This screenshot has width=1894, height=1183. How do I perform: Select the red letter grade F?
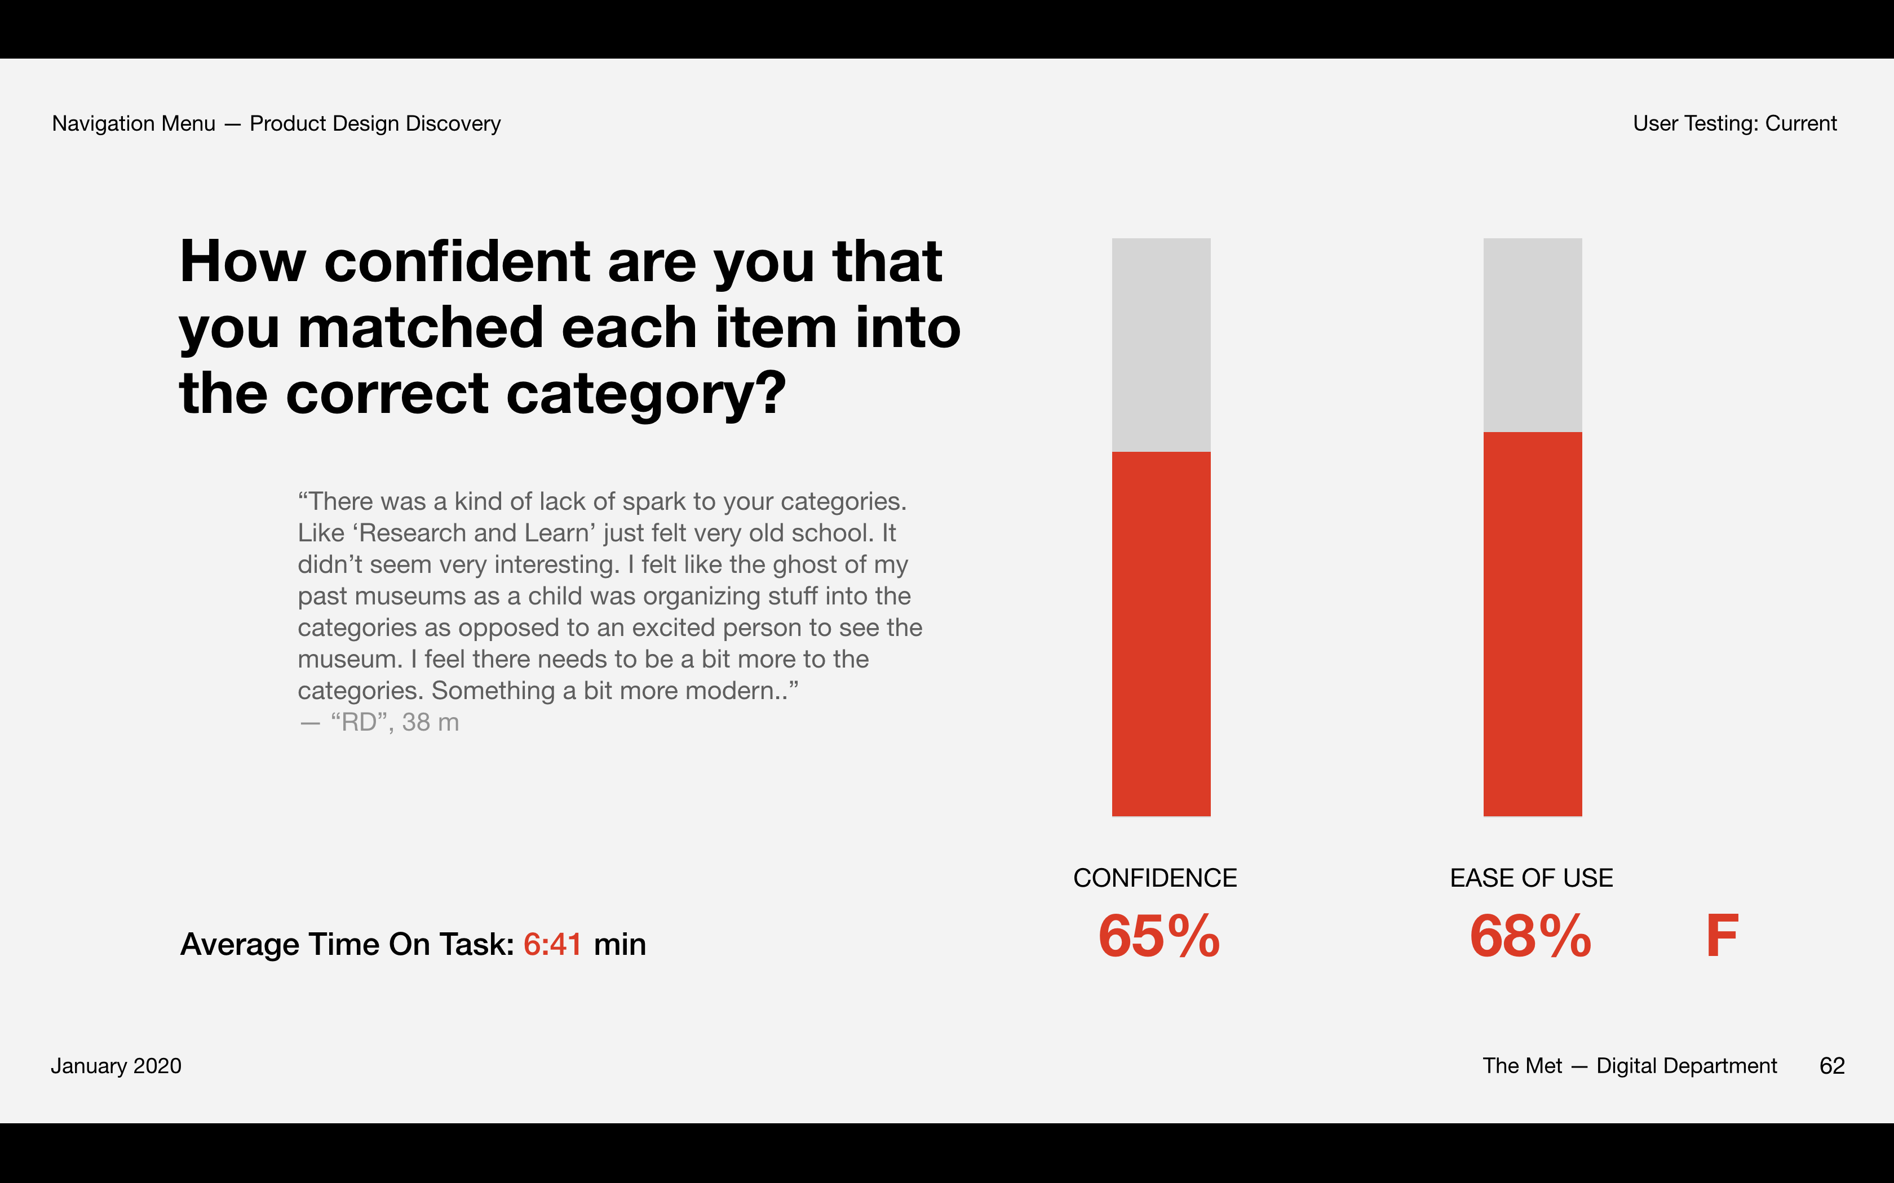(x=1722, y=936)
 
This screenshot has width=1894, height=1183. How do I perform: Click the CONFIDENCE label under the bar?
(x=1154, y=878)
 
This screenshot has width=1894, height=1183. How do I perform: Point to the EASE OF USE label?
(x=1531, y=878)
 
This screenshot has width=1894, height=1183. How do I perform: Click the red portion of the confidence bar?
(x=1161, y=634)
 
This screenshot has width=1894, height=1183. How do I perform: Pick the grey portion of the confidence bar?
(x=1161, y=344)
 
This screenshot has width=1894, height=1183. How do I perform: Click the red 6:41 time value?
(x=552, y=944)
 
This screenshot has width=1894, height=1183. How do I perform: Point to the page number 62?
(x=1831, y=1066)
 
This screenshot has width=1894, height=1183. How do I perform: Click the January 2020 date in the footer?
(x=116, y=1066)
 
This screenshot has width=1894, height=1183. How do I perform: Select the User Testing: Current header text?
(x=1734, y=123)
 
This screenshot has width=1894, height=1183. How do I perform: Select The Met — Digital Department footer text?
(x=1630, y=1066)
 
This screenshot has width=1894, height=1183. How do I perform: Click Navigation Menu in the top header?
(x=133, y=123)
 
